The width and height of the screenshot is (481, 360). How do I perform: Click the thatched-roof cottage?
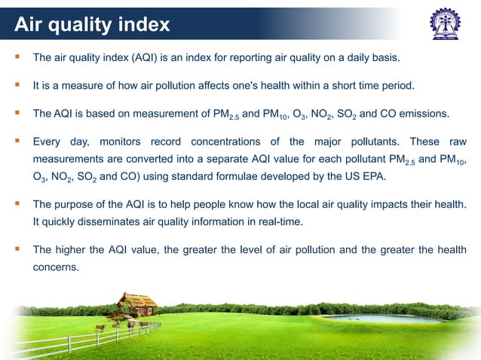[137, 305]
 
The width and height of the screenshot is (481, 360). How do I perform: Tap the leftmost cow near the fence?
[100, 328]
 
